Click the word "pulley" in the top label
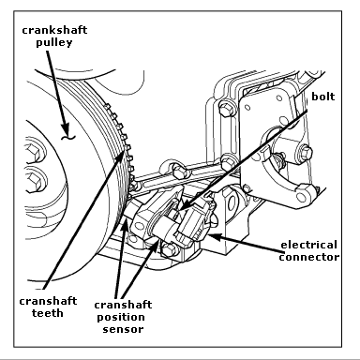coord(54,42)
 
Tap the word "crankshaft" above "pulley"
coord(54,30)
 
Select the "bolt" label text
coord(323,97)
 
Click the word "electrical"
coord(308,245)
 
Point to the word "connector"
coord(309,257)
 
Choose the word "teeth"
coord(48,313)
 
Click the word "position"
coord(121,318)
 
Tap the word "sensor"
coord(123,329)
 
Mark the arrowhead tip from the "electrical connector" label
coord(207,235)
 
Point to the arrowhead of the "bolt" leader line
coord(180,209)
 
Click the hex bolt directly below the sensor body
coord(170,249)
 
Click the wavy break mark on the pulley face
coord(67,137)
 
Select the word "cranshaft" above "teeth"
coord(48,301)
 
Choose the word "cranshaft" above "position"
coord(123,305)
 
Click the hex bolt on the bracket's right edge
coord(306,152)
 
